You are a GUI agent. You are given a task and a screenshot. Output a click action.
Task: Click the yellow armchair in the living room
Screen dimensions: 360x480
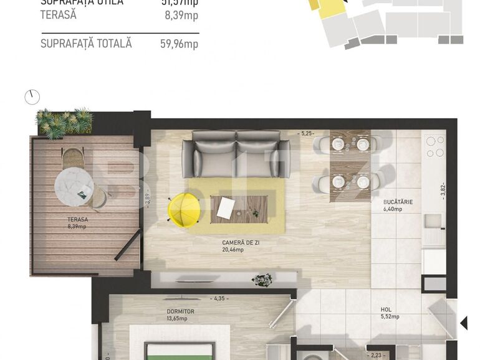click(183, 209)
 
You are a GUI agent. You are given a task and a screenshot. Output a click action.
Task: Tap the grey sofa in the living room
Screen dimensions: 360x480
click(236, 154)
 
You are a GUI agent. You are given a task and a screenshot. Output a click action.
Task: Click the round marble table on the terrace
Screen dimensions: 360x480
click(74, 184)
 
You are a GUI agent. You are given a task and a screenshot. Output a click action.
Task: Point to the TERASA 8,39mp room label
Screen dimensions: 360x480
click(77, 223)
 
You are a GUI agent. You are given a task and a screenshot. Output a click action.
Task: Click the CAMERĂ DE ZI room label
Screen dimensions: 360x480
click(241, 245)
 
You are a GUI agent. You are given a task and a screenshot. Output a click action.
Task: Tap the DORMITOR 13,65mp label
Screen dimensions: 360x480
click(180, 315)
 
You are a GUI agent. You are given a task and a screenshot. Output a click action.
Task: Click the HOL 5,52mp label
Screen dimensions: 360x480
click(390, 313)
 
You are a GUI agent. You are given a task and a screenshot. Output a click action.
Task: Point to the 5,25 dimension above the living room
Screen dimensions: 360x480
click(307, 133)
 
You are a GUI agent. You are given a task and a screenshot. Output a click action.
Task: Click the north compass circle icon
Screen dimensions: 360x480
click(32, 97)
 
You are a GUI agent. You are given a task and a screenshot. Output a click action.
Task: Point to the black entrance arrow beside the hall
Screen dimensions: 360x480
click(463, 323)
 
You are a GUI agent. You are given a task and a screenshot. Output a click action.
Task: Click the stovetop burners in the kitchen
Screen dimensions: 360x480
click(434, 146)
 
